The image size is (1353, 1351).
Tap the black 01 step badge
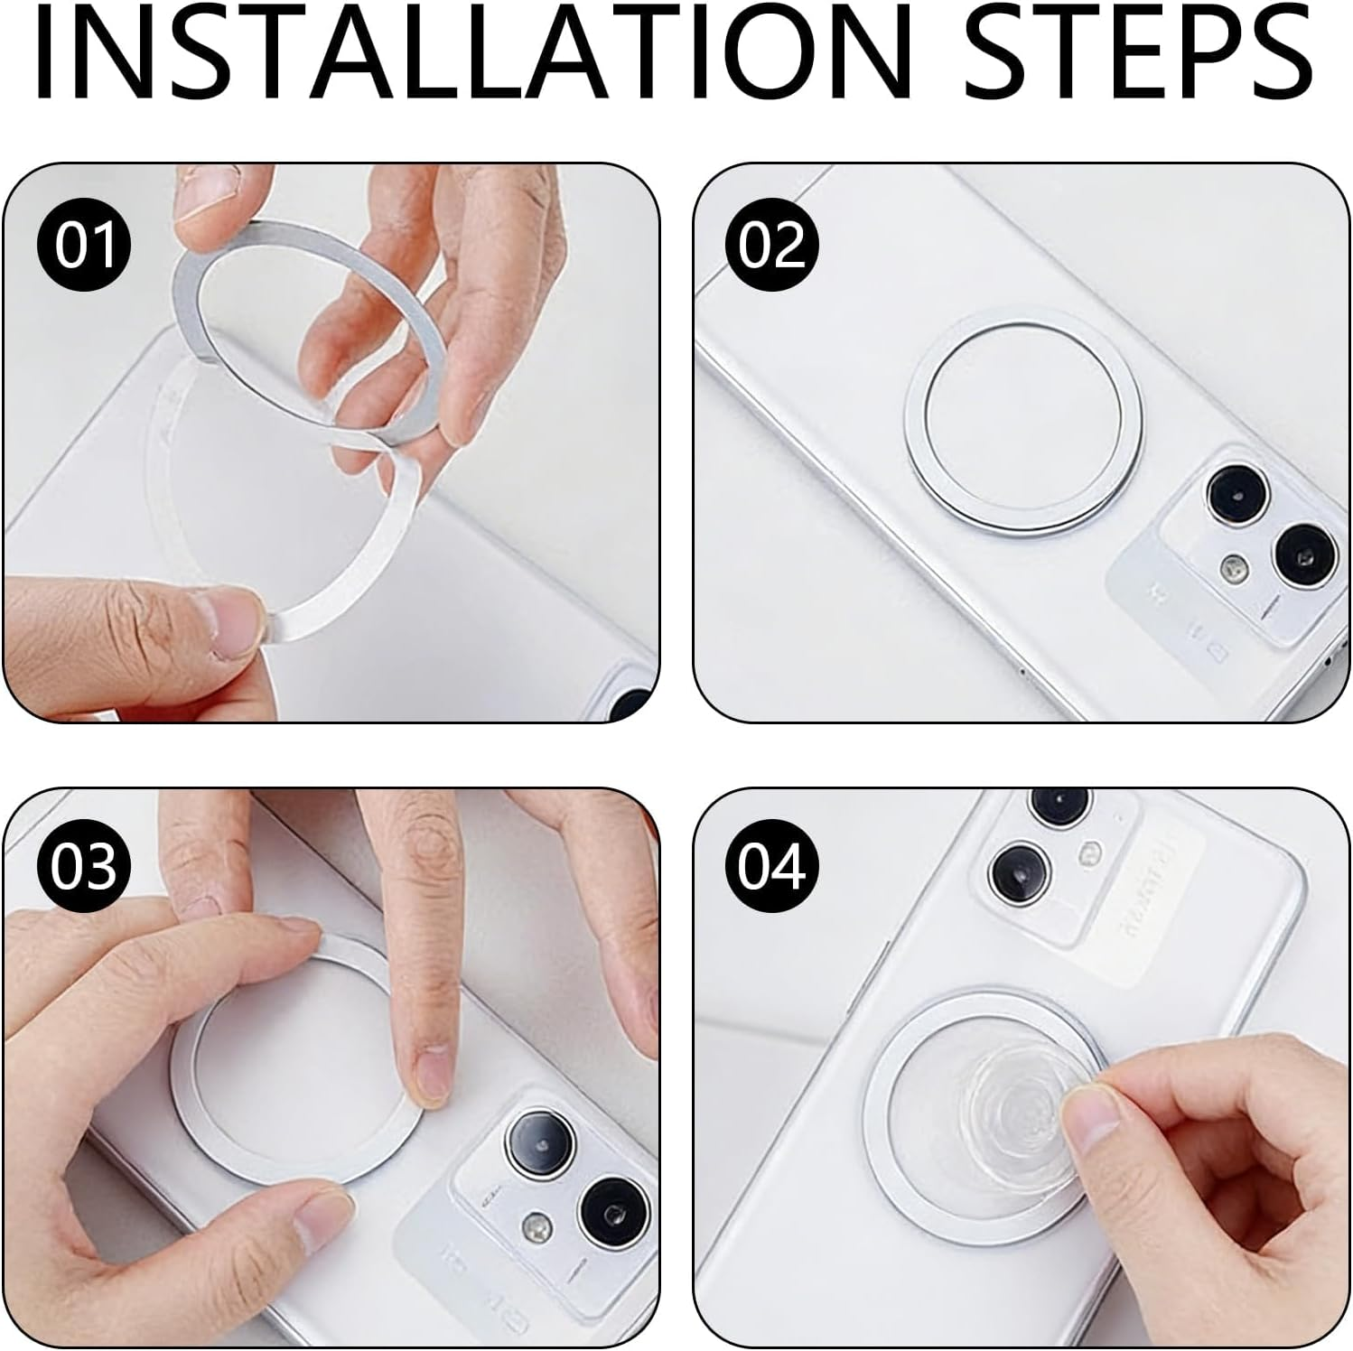[x=84, y=245]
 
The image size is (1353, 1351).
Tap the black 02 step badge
[x=771, y=245]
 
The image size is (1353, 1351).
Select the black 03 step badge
[x=84, y=866]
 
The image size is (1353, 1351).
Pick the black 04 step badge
[x=771, y=866]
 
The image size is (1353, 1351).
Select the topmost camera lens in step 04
[x=1056, y=802]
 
